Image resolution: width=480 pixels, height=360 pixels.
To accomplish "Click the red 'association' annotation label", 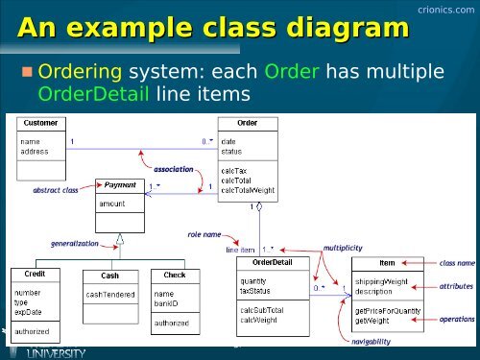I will (174, 168).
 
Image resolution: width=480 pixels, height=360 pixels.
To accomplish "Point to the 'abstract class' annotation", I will (55, 190).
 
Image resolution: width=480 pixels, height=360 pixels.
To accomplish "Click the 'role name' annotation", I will (205, 233).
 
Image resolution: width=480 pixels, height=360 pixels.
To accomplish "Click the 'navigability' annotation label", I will (372, 342).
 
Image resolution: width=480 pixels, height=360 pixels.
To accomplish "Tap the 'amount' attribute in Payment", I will (113, 204).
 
